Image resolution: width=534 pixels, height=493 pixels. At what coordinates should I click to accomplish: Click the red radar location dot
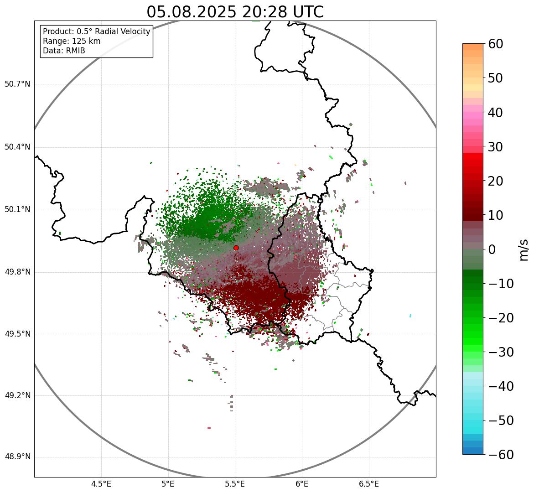click(236, 248)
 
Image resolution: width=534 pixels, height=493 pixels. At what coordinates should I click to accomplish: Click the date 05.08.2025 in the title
click(192, 12)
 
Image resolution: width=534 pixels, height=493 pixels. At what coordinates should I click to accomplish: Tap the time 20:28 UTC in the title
click(283, 12)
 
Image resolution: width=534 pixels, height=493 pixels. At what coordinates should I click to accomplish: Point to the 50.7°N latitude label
click(17, 84)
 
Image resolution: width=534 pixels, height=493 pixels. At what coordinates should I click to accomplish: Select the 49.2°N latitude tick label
click(17, 395)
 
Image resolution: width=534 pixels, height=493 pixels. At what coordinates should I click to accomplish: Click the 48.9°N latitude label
click(17, 457)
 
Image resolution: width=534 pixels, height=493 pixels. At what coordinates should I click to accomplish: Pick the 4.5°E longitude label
click(101, 484)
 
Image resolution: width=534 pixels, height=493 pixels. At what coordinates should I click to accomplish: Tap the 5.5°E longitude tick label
click(235, 484)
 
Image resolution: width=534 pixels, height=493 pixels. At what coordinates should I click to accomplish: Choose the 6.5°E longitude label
click(368, 484)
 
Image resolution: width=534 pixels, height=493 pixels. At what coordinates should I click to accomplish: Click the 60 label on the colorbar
click(496, 44)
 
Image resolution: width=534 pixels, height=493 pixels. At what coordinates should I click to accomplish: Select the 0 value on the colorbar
click(492, 249)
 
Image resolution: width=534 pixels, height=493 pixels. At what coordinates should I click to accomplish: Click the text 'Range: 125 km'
click(72, 41)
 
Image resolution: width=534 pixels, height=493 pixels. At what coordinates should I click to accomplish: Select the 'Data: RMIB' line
click(64, 51)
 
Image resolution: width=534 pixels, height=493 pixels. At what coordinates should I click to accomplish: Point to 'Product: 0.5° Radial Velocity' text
click(96, 31)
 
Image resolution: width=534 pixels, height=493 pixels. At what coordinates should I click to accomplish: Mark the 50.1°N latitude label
click(17, 210)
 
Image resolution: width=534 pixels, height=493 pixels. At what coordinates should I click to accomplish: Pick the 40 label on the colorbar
click(496, 113)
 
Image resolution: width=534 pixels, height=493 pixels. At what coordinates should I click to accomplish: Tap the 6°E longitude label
click(302, 484)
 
